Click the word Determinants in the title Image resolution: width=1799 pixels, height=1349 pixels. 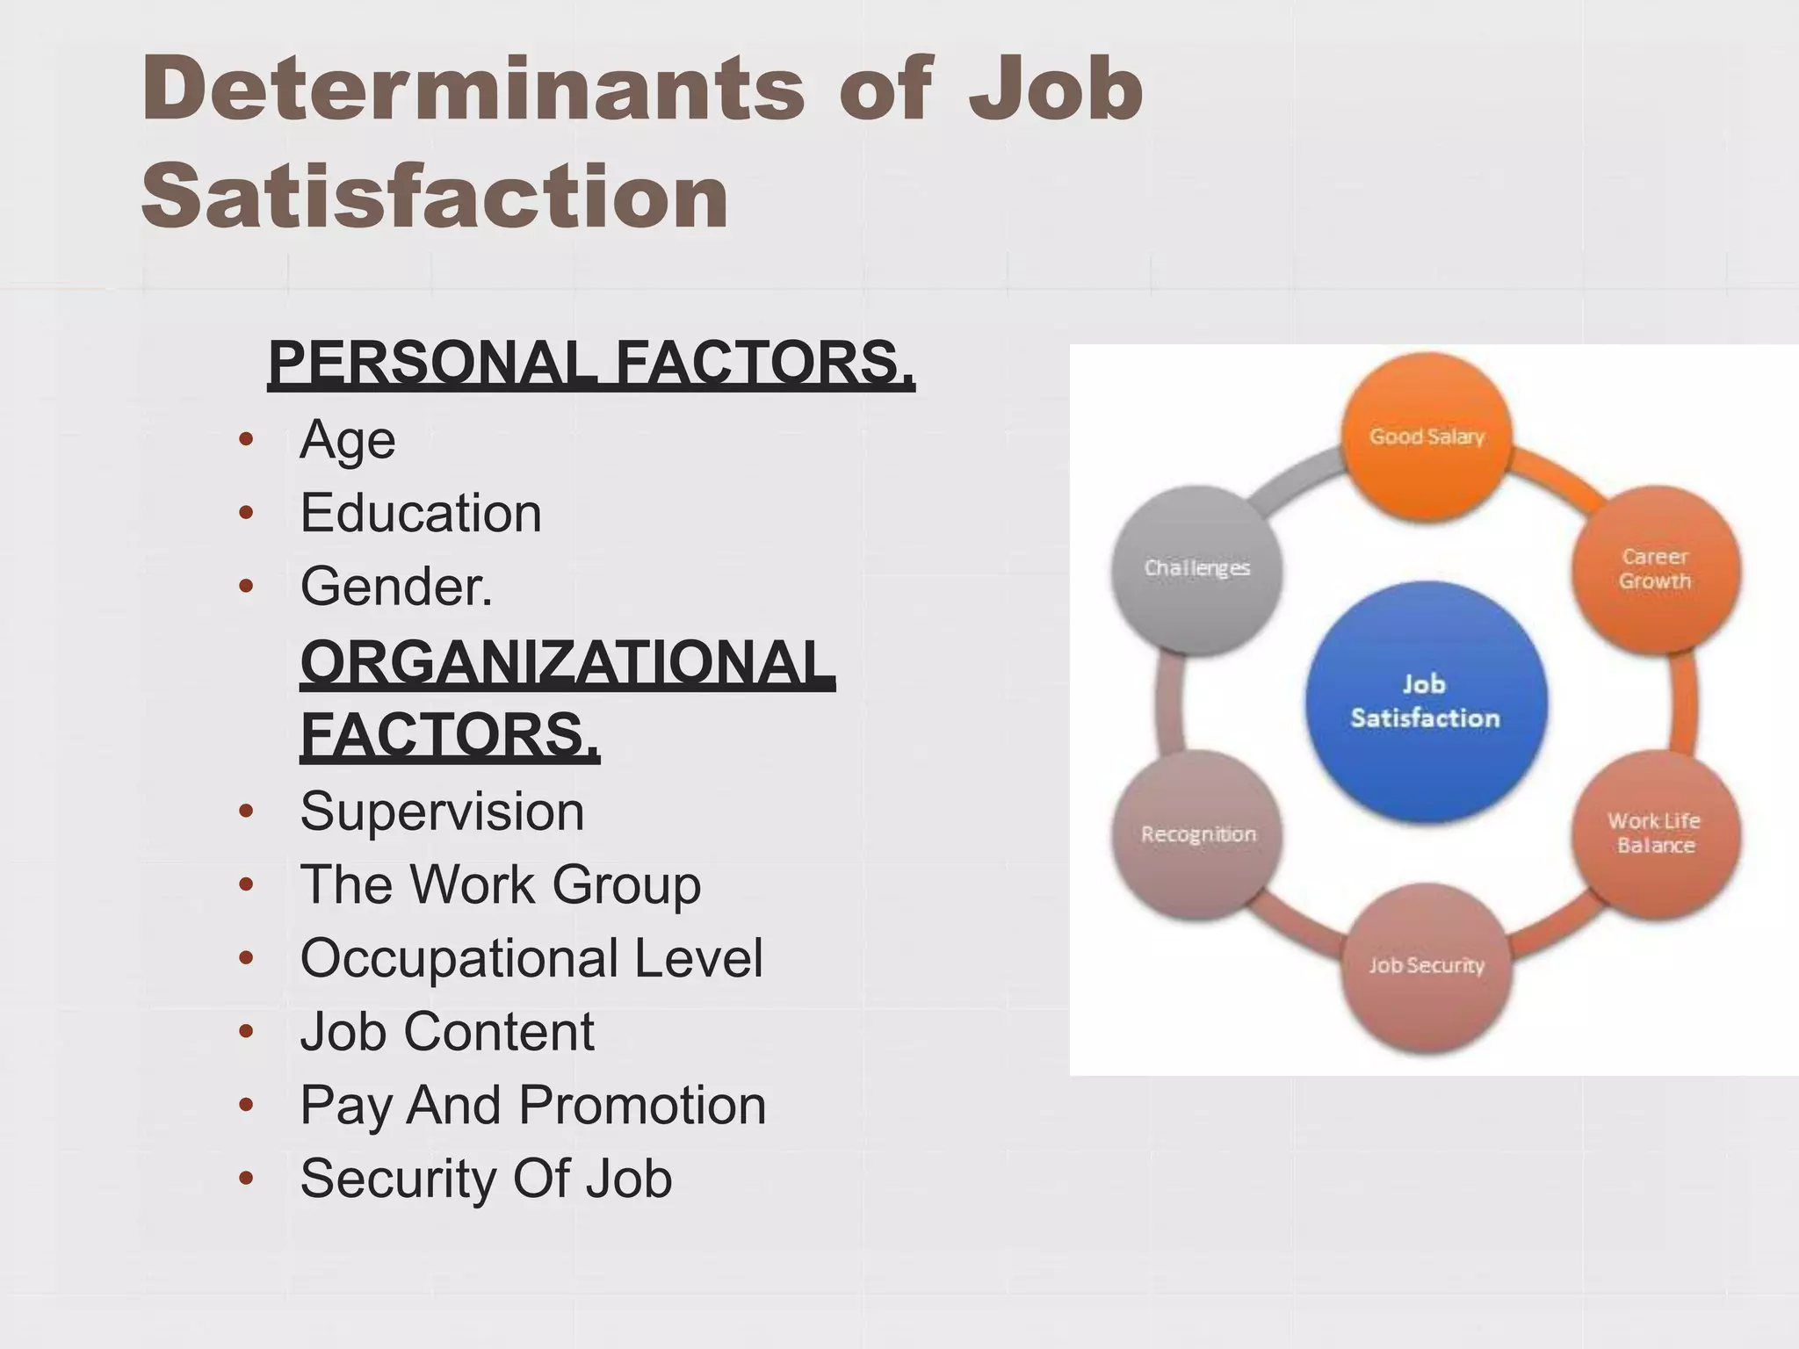coord(473,90)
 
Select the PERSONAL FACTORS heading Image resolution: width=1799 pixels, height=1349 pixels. coord(591,363)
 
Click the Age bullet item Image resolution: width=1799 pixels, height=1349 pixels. coord(348,439)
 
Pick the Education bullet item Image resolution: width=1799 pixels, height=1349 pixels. coord(421,513)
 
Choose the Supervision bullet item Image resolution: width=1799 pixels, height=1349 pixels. coord(442,811)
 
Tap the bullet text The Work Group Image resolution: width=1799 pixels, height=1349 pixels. coord(501,884)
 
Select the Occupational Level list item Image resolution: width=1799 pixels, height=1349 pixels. coord(531,957)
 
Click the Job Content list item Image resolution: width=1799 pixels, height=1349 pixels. coord(447,1031)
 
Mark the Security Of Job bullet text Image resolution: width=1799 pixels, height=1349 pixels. coord(486,1179)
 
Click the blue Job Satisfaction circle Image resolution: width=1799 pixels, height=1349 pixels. coord(1425,702)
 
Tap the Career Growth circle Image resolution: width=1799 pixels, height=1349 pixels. coord(1655,569)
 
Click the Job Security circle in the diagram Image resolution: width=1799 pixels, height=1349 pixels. coord(1427,965)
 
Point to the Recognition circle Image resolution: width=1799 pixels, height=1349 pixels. coord(1198,833)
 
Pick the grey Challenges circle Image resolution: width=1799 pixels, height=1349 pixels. coord(1196,568)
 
